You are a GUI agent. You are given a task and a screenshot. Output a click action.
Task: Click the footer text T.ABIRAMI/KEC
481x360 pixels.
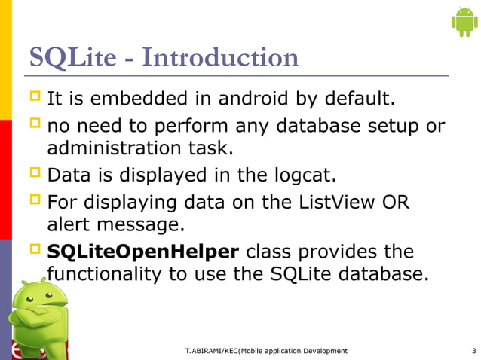coord(219,351)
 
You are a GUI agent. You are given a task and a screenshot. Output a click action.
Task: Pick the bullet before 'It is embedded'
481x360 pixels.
coord(35,98)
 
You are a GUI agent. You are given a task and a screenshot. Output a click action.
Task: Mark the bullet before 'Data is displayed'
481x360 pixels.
coord(35,175)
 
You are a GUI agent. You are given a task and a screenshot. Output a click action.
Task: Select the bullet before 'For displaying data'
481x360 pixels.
coord(35,201)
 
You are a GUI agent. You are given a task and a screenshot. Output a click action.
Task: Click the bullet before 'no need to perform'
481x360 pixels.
coord(35,124)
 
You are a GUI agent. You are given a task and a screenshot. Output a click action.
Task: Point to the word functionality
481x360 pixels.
coord(105,275)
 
